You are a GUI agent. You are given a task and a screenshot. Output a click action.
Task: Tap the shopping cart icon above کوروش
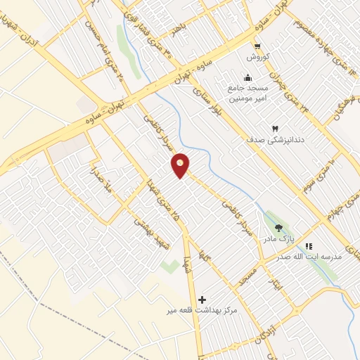[257, 46]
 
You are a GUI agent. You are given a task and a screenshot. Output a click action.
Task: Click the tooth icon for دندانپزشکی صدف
[275, 129]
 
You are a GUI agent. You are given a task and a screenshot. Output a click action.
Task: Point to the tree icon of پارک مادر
[279, 227]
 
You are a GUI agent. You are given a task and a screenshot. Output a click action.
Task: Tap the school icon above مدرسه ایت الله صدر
[309, 246]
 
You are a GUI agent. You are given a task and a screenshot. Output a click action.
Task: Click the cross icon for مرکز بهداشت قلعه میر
[203, 299]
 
